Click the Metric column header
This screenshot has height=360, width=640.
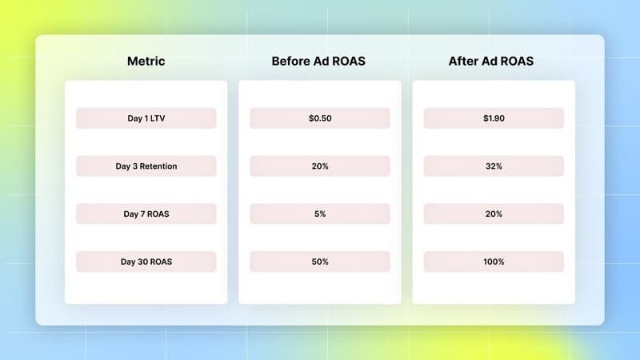pos(146,61)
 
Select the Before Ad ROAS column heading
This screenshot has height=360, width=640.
pos(318,61)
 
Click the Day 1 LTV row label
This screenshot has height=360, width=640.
pos(146,118)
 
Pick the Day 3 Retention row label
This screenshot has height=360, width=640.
pos(146,166)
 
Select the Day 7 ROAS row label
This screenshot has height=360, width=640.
pos(146,214)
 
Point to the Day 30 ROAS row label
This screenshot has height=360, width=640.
pos(146,262)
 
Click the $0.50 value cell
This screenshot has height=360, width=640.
pos(319,118)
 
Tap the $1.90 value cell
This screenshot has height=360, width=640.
pos(494,118)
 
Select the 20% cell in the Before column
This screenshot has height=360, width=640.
pos(319,166)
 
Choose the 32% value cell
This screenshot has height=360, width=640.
pos(494,166)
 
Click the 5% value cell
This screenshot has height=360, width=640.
pos(319,214)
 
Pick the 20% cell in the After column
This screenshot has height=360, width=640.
pos(494,214)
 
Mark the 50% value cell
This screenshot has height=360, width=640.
pos(319,262)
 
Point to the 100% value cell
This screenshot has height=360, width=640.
pos(494,262)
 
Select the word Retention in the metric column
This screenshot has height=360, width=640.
pos(158,166)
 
